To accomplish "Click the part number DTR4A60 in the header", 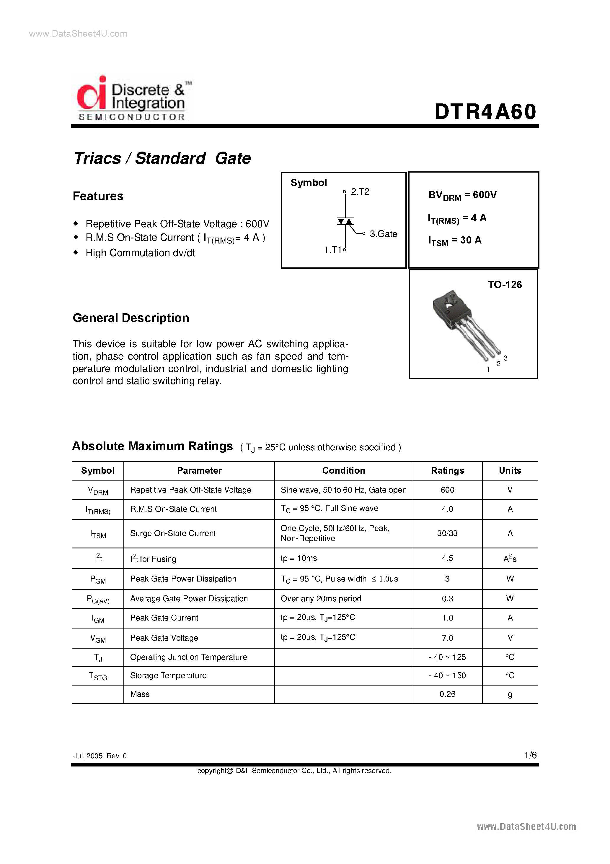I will (x=485, y=112).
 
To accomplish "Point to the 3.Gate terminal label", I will (x=383, y=234).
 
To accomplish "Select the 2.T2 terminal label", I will (x=360, y=192).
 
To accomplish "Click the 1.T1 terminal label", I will (x=333, y=250).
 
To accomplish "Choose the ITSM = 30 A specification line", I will (x=455, y=241).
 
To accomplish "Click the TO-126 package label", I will (x=505, y=285).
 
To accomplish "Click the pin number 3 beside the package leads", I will (x=505, y=358).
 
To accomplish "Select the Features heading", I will (x=98, y=196).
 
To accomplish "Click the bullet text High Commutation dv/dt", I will (x=140, y=253).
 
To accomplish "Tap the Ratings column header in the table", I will (x=447, y=470).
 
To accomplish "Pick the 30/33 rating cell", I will (x=447, y=533).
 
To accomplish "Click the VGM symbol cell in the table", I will (x=98, y=638).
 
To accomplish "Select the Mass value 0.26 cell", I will (x=447, y=694).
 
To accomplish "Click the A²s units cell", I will (x=510, y=558).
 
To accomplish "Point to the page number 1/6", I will (x=530, y=755).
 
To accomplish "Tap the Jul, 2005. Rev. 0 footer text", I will (x=100, y=756).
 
